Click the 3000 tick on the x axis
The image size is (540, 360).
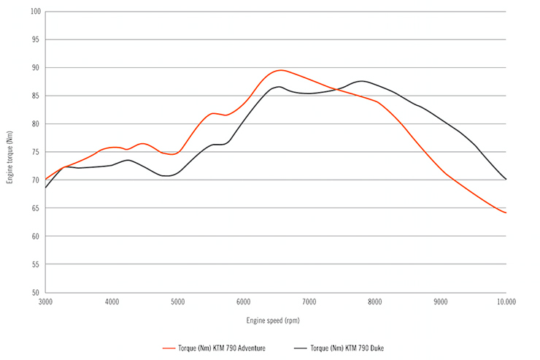click(x=46, y=302)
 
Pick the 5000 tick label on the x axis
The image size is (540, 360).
click(x=177, y=302)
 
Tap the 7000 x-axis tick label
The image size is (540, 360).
click(x=309, y=302)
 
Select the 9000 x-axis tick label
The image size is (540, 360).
click(x=440, y=302)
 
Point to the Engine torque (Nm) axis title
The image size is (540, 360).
click(x=10, y=153)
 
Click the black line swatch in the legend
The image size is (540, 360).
click(x=299, y=348)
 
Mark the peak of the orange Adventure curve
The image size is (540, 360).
click(x=280, y=70)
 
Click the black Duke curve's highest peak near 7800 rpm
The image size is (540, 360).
click(x=361, y=81)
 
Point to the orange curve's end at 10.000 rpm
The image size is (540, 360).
click(x=506, y=212)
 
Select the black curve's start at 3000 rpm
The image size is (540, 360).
click(x=46, y=188)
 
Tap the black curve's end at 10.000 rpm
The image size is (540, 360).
click(x=506, y=179)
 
